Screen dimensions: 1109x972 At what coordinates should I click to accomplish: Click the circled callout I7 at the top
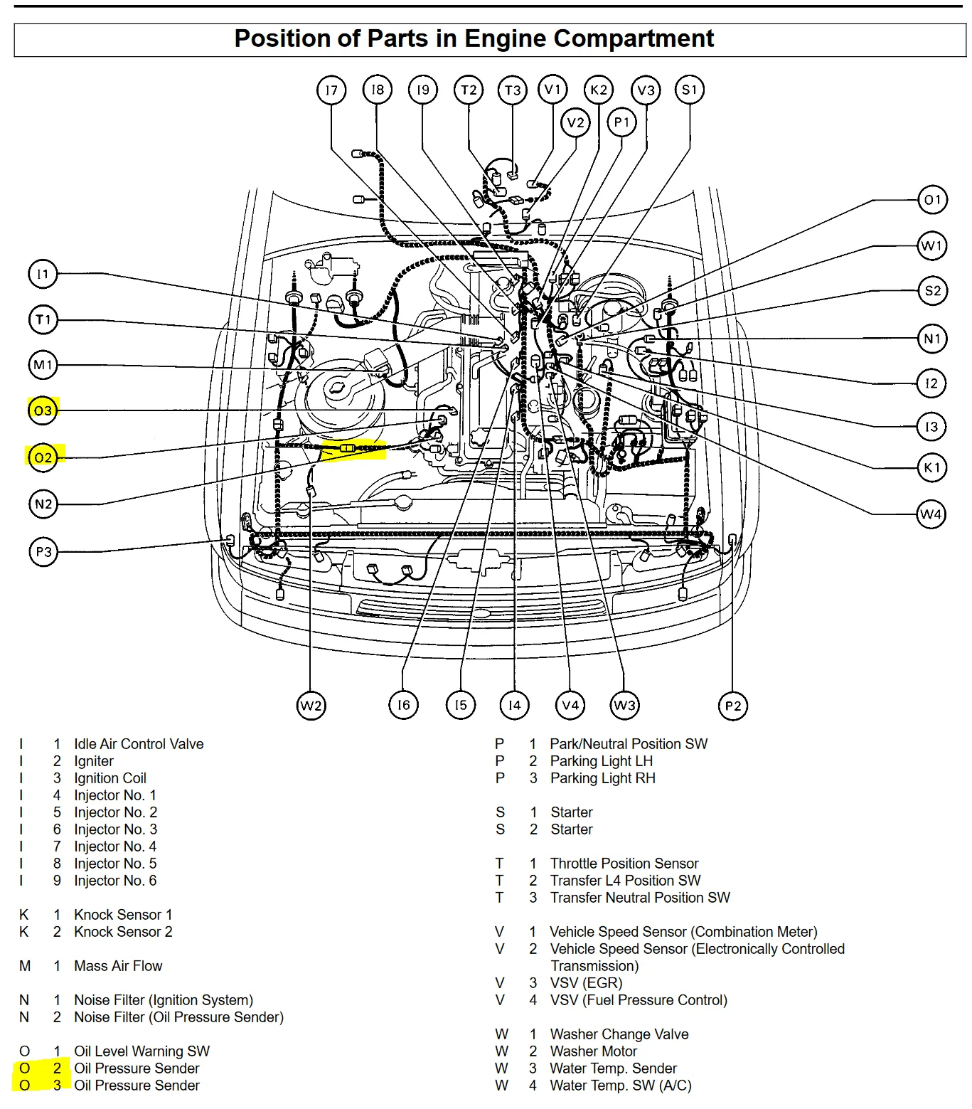(x=331, y=90)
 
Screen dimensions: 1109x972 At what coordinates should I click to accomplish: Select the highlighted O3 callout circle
(x=43, y=410)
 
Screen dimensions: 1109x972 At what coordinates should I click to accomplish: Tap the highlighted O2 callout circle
(x=43, y=457)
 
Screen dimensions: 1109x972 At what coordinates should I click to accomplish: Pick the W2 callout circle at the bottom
(x=311, y=706)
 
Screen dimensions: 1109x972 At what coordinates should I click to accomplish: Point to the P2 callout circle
(x=732, y=706)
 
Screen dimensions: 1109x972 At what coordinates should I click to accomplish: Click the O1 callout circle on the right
(x=932, y=200)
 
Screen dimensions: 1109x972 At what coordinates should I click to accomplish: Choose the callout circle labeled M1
(x=43, y=365)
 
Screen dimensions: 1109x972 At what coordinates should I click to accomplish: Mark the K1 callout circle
(x=931, y=467)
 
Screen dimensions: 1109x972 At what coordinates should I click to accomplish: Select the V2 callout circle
(x=575, y=122)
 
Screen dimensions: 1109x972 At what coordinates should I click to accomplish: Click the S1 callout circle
(x=690, y=90)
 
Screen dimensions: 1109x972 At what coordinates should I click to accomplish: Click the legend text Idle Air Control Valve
(x=139, y=744)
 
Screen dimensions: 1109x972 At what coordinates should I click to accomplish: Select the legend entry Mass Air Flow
(x=118, y=966)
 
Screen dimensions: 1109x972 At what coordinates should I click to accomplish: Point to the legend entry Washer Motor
(x=593, y=1051)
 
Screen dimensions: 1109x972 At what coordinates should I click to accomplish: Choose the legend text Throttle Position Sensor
(x=624, y=864)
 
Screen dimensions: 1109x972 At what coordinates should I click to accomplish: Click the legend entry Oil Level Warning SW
(x=141, y=1051)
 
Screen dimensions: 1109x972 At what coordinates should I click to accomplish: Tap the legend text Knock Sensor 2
(x=123, y=932)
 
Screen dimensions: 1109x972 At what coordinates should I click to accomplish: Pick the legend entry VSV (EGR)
(x=586, y=983)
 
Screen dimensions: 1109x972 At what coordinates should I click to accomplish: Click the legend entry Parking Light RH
(x=602, y=778)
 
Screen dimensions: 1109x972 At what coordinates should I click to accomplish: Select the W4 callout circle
(x=931, y=514)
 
